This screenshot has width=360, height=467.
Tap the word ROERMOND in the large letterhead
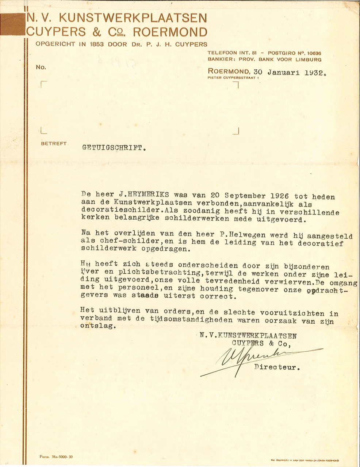(171, 32)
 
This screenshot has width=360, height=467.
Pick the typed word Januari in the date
(283, 72)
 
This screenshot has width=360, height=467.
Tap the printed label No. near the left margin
(41, 67)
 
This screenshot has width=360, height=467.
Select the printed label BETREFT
(54, 144)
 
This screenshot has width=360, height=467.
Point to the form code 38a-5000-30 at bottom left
(53, 456)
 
